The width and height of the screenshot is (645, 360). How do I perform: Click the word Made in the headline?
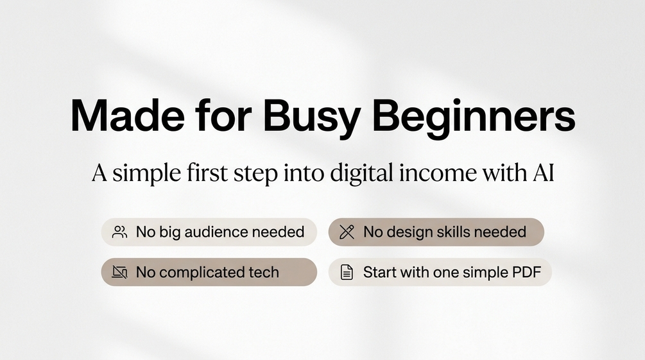128,115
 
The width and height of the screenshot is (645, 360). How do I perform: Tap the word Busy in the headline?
312,119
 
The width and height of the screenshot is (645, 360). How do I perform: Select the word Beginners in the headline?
474,119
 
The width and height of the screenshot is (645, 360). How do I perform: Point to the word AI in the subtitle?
544,173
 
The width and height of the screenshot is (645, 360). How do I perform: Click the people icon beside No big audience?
120,232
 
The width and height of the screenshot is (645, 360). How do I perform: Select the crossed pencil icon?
347,232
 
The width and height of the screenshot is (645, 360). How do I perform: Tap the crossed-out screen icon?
120,272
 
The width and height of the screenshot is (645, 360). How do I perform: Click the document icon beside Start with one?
347,272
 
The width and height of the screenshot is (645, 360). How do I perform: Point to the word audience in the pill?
216,232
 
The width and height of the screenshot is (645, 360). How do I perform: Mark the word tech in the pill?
264,272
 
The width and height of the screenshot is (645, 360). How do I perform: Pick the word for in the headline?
223,115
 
